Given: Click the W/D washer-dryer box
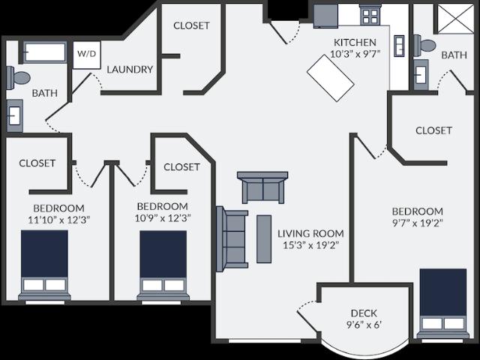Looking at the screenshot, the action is coord(87,55).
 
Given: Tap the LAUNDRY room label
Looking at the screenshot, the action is coord(130,70).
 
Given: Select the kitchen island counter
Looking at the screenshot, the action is coord(331,78).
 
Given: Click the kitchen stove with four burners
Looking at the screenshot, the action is coord(370,15).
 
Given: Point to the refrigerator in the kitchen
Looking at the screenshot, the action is coord(325,16).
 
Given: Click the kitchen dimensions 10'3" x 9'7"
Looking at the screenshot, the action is coord(355,54).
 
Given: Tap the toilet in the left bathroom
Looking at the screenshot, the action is coord(18,78).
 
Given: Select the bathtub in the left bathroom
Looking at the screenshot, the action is coord(45,52).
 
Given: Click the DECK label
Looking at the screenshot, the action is coord(364,313).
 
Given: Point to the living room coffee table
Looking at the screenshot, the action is coord(264,238).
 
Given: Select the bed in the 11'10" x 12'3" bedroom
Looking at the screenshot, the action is coord(45,265).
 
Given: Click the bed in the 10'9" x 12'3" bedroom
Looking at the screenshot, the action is coord(163,265).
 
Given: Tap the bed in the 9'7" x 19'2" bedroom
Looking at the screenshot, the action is coord(443,304).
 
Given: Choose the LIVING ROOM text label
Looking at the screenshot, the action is coord(310,233).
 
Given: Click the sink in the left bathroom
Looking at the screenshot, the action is coord(15,115).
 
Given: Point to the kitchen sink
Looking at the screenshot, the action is coord(399,46).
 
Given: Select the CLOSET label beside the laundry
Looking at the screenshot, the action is coord(191,25).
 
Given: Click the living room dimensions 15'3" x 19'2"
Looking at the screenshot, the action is coord(310,245).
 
